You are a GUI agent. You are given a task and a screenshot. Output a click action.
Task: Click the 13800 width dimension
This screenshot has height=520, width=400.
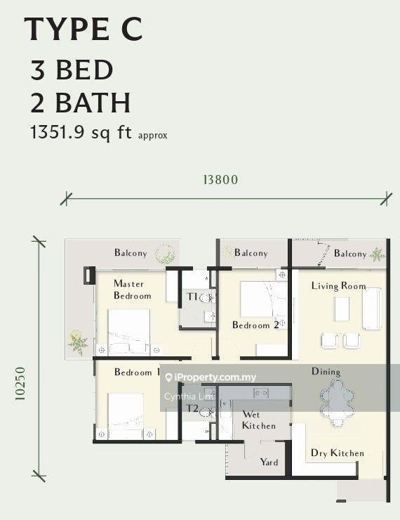(220, 180)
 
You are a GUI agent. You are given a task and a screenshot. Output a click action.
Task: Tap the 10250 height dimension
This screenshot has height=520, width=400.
(20, 384)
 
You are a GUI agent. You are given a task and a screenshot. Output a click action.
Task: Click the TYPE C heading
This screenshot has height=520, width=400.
(84, 30)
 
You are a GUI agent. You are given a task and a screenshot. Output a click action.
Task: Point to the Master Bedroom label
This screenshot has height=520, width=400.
(132, 290)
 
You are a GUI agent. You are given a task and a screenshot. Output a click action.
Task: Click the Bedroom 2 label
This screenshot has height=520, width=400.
(255, 325)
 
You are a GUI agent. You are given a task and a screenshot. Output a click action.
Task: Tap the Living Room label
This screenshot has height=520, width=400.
(338, 286)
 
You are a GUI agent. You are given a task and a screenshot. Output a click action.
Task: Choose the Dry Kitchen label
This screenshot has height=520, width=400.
(338, 453)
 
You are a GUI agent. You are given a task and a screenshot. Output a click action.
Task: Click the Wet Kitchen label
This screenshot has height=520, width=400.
(259, 420)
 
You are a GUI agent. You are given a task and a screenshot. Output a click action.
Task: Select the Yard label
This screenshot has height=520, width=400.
(269, 462)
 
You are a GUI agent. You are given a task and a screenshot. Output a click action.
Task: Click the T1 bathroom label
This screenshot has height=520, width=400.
(192, 297)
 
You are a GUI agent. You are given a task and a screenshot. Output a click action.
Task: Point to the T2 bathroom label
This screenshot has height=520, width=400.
(192, 408)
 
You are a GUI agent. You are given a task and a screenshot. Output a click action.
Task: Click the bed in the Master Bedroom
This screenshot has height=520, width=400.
(129, 332)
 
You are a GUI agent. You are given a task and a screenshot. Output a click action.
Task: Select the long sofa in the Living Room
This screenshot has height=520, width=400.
(371, 308)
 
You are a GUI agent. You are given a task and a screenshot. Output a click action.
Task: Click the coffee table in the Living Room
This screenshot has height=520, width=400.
(342, 309)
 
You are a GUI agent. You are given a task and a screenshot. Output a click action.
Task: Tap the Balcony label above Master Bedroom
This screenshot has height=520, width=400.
(131, 253)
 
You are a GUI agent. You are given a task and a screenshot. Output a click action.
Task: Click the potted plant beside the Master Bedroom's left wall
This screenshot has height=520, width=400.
(78, 342)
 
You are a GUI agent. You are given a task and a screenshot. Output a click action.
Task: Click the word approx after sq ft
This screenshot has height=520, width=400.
(153, 136)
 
